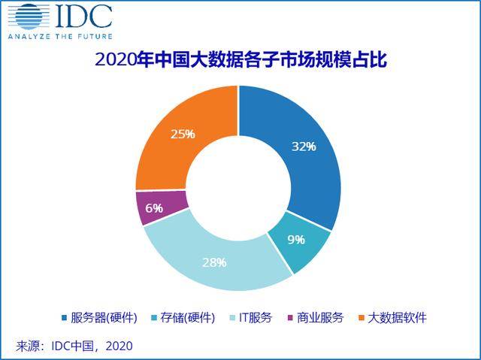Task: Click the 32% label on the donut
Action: [x=303, y=146]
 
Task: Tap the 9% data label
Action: [x=295, y=240]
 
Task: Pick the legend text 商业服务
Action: [x=324, y=318]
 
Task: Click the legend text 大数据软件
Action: [x=399, y=318]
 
